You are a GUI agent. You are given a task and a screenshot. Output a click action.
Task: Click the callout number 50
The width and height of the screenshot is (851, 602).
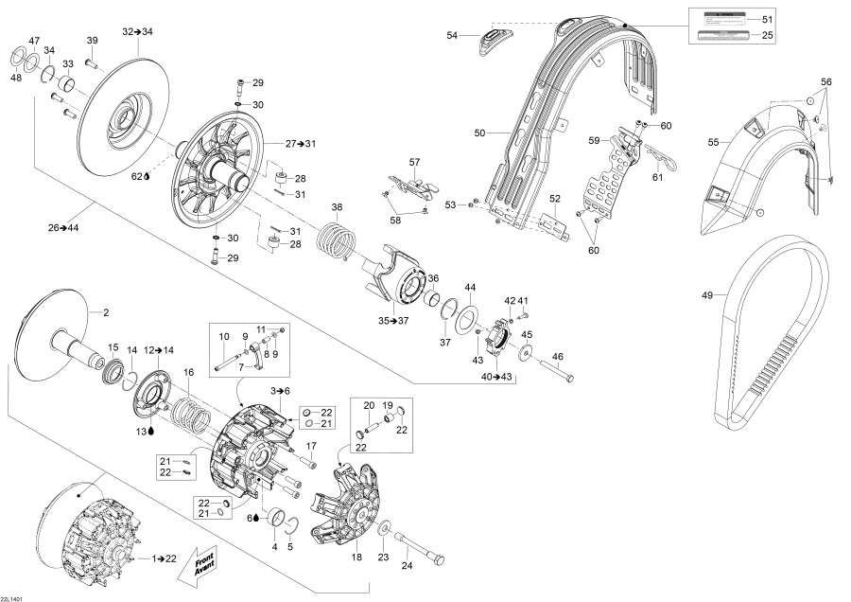pos(478,133)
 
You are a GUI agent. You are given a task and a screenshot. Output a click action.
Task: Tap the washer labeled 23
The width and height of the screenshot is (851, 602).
pos(385,526)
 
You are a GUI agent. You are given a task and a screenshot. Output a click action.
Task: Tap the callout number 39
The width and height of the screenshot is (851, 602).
pos(92,40)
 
